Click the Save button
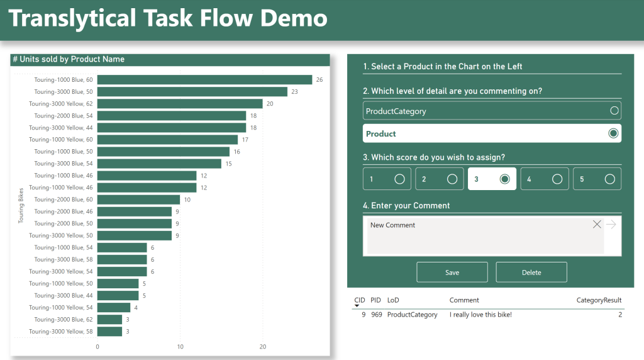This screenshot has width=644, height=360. [452, 273]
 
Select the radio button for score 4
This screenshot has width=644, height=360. [557, 179]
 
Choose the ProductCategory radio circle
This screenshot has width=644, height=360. [614, 111]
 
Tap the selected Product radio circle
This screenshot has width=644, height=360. [613, 133]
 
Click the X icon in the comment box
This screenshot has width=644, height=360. [597, 225]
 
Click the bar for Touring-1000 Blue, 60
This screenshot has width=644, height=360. [204, 80]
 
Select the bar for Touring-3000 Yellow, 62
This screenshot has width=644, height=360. [180, 104]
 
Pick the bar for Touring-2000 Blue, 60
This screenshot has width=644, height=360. [138, 200]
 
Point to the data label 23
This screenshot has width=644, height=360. [294, 92]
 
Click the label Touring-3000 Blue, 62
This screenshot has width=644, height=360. [64, 320]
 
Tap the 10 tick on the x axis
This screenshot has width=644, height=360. [180, 347]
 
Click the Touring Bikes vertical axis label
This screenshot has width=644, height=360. [21, 205]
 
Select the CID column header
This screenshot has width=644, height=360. [360, 300]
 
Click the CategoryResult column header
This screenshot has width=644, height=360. [599, 300]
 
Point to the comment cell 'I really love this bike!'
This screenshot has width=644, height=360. [480, 315]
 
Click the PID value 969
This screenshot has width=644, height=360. [376, 315]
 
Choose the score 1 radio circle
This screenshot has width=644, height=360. [399, 179]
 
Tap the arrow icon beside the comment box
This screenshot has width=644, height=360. [611, 225]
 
